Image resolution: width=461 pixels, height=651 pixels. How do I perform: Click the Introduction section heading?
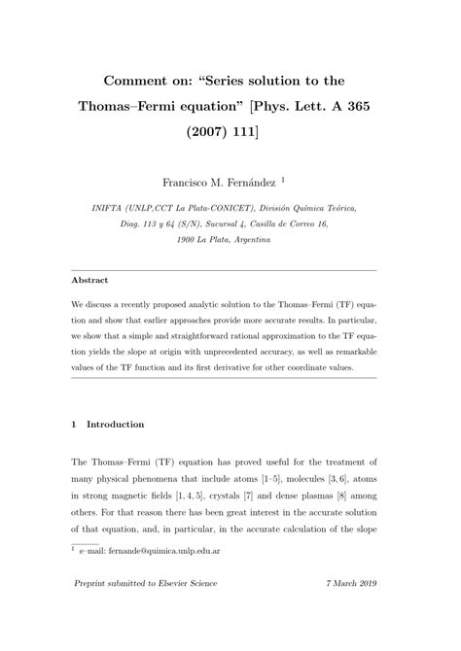(x=116, y=425)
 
